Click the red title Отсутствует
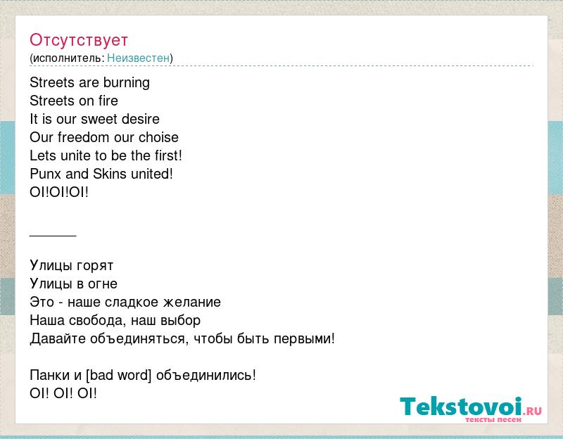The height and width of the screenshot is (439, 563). [79, 40]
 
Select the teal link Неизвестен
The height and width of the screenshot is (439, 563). [138, 58]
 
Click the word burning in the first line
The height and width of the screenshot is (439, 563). [127, 83]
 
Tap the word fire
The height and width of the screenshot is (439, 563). [108, 101]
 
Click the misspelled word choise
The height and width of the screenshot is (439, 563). [158, 137]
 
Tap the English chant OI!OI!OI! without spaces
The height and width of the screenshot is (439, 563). [59, 192]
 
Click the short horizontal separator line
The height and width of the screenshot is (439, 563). [53, 236]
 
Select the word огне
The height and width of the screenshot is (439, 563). [102, 284]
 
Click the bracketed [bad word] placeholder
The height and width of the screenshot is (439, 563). [118, 375]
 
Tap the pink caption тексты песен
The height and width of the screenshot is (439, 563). [493, 419]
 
